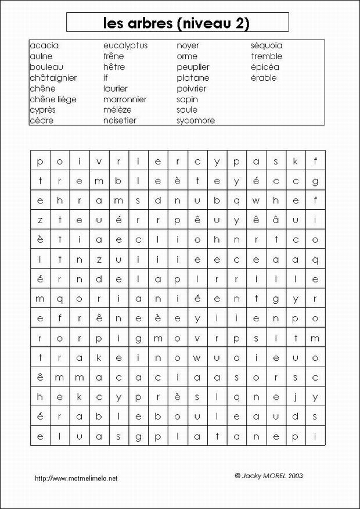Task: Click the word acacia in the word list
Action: click(x=44, y=45)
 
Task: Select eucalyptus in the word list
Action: click(x=125, y=45)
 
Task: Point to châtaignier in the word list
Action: click(x=53, y=78)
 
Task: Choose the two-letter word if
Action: click(x=106, y=78)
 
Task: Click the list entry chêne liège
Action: click(x=53, y=99)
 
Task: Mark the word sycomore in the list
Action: click(x=196, y=121)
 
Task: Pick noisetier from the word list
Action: click(x=120, y=121)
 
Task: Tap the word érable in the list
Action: click(x=264, y=78)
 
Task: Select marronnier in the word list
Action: click(x=125, y=99)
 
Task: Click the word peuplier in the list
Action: click(x=193, y=67)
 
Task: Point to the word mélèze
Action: click(x=117, y=110)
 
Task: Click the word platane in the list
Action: click(x=193, y=78)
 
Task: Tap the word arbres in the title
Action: click(x=147, y=23)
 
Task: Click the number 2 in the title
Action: click(x=240, y=23)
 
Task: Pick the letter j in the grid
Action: click(x=296, y=397)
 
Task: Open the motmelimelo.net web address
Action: click(x=76, y=478)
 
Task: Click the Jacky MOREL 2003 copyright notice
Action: click(x=269, y=475)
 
